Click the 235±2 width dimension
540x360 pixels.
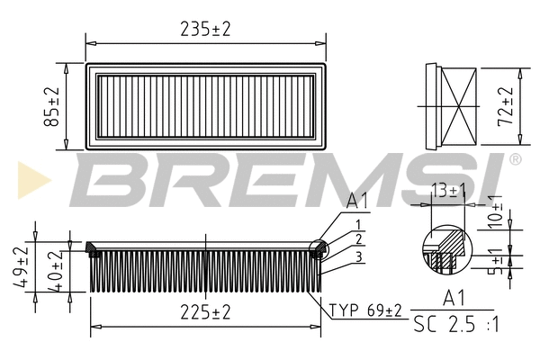click(x=205, y=29)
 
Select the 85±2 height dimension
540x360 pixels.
click(x=52, y=106)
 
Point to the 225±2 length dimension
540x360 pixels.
click(x=205, y=311)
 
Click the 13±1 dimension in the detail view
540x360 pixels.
click(x=448, y=190)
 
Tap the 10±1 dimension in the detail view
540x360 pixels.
click(x=493, y=211)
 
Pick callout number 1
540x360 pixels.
click(x=358, y=224)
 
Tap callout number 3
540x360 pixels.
click(x=358, y=257)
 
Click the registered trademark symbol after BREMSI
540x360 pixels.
click(x=515, y=159)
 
